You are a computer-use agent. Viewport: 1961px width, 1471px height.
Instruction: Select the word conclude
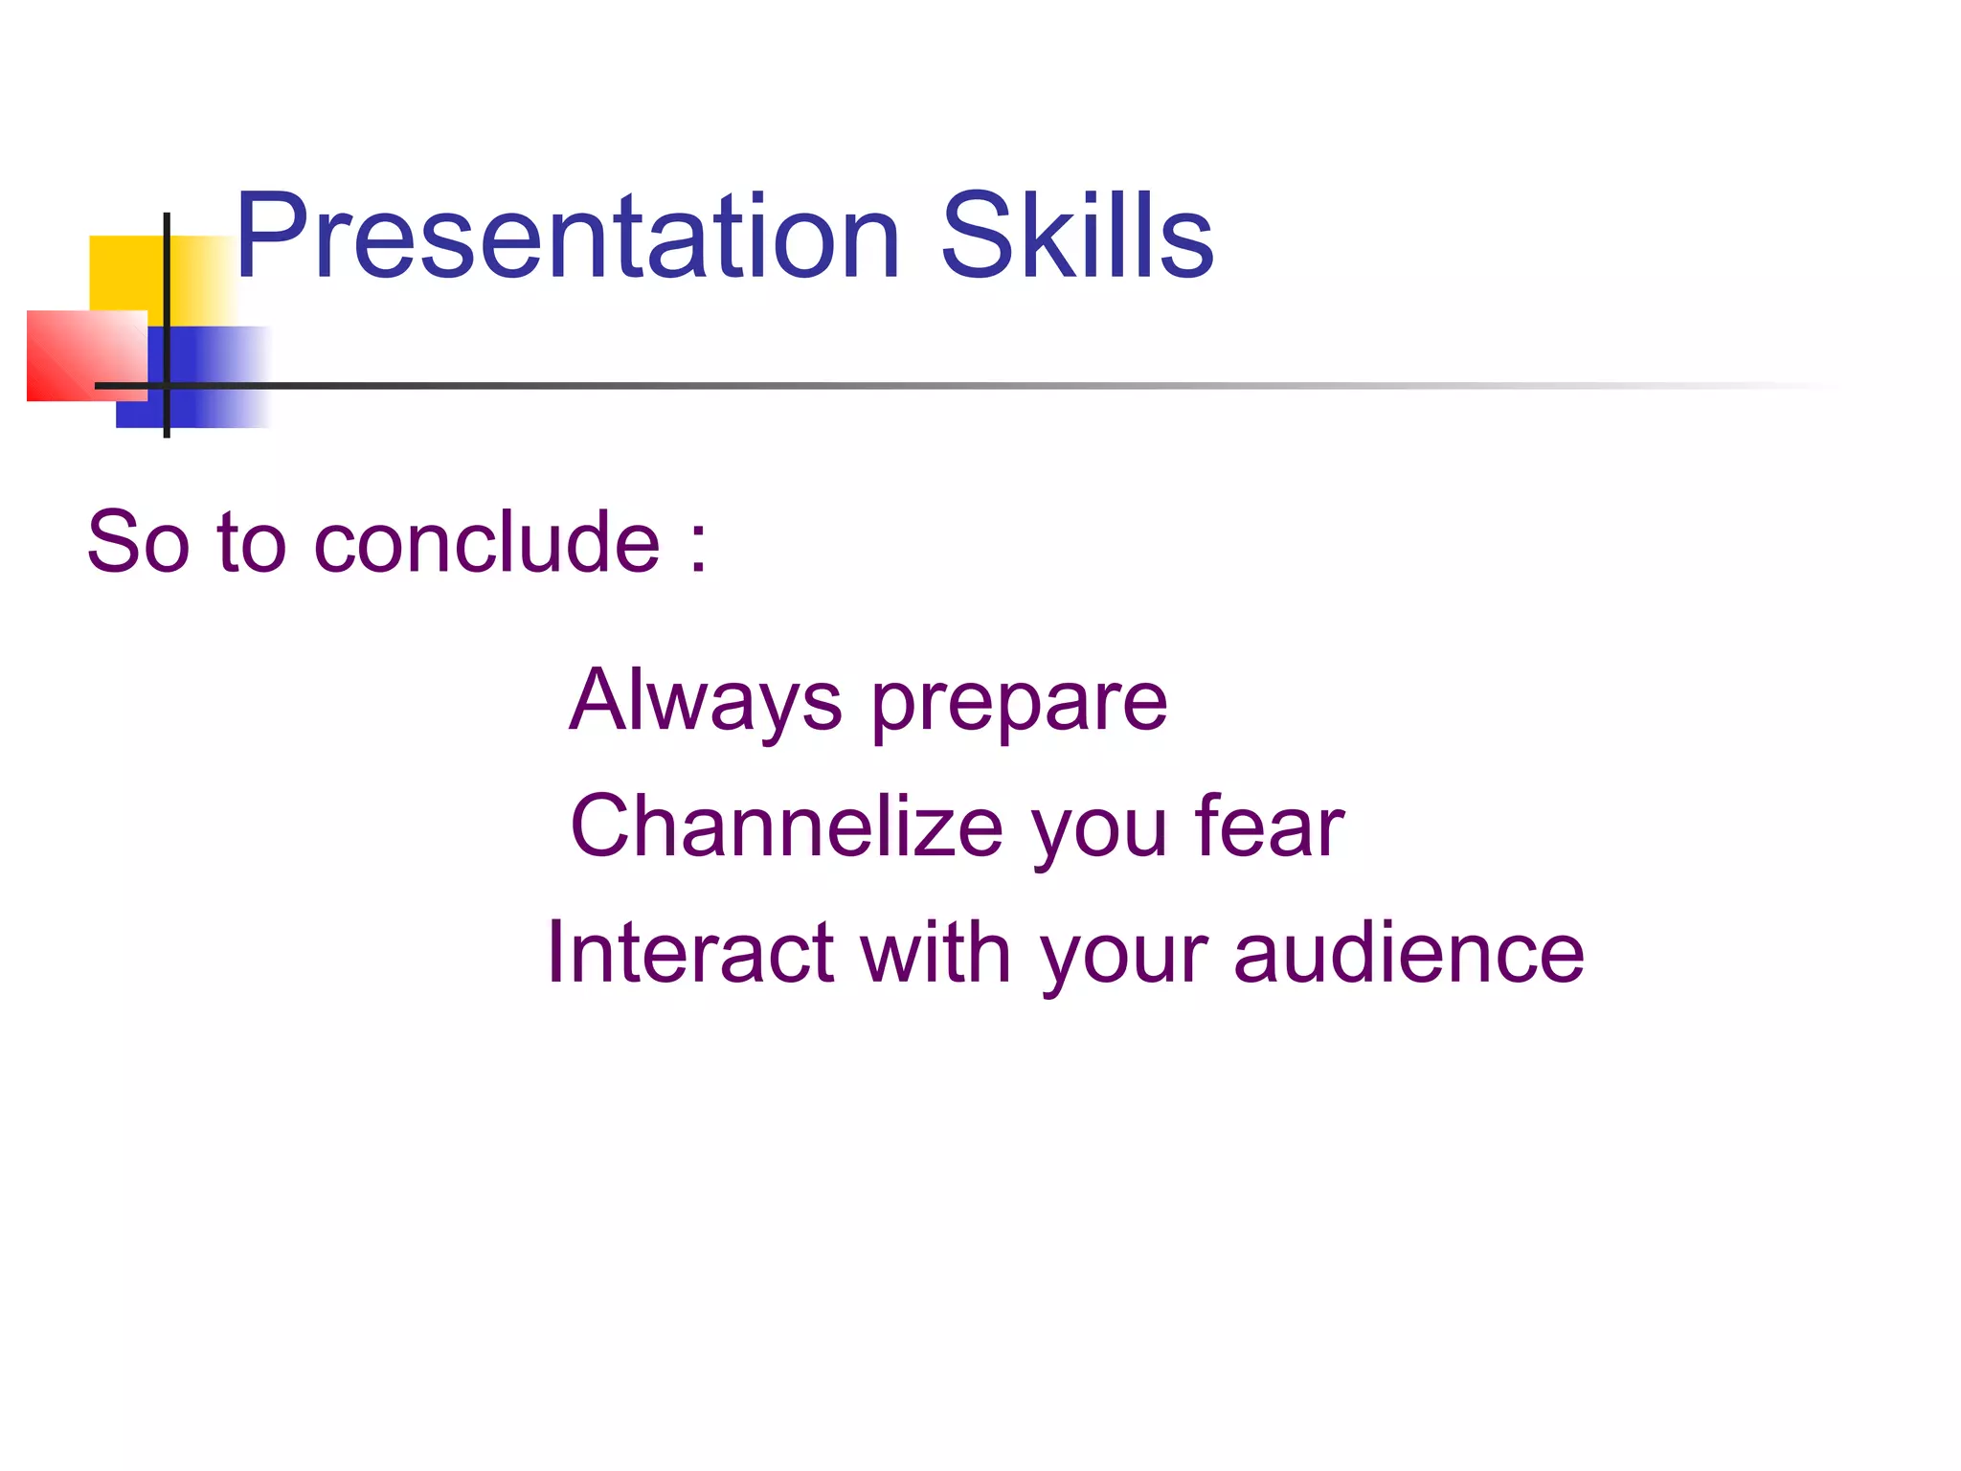click(x=486, y=543)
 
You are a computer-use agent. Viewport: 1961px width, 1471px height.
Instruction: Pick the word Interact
click(x=689, y=953)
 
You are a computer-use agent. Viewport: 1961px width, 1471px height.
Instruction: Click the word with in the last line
click(x=935, y=953)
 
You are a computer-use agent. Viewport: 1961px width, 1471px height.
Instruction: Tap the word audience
click(x=1409, y=953)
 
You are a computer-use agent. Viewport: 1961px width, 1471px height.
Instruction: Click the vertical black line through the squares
click(x=167, y=287)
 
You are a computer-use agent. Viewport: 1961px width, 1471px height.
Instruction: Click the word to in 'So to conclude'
click(x=252, y=543)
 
